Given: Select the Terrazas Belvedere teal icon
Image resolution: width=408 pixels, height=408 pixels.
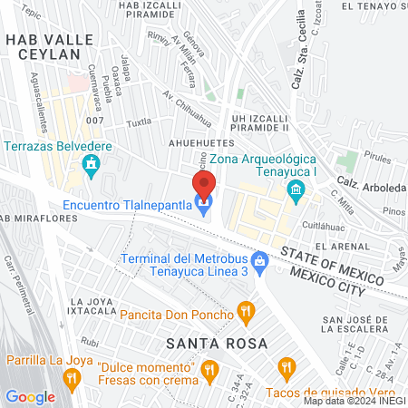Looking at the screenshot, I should coord(90,165).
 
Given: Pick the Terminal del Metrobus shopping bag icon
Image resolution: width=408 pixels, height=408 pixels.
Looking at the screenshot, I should coord(260,261).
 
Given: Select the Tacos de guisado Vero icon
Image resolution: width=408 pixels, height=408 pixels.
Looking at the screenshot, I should coord(287,367).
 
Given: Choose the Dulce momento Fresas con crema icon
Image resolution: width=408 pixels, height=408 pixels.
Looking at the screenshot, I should coord(210,368).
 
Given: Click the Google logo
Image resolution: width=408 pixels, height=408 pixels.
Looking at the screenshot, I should coord(30,396).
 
